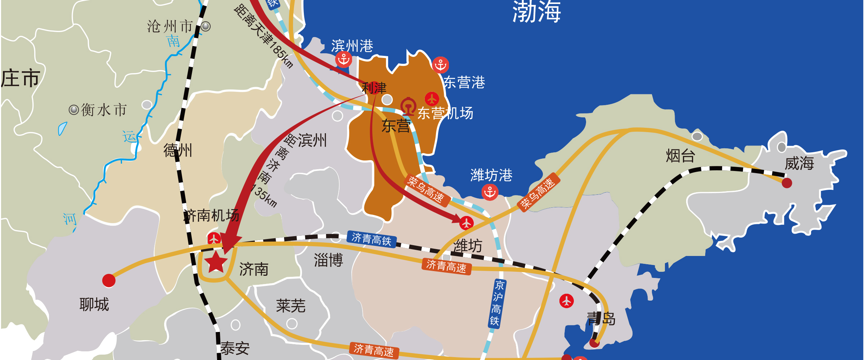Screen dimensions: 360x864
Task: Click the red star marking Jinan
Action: coord(216,262)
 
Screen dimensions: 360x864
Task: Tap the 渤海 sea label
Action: coord(536,12)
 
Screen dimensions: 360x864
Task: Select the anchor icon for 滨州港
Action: coord(343,59)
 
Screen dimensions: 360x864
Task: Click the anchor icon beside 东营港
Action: coord(440,65)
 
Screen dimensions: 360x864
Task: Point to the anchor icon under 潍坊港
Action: coord(490,192)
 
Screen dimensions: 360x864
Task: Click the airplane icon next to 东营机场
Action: coord(432,99)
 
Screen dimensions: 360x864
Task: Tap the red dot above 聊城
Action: coord(109,280)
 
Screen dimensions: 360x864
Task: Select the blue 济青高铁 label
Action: coord(371,239)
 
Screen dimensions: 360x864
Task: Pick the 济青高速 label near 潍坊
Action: coord(446,266)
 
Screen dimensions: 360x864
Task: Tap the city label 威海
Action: coord(799,163)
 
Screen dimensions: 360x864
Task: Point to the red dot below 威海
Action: coord(787,183)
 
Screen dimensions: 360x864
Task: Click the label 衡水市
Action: coord(104,110)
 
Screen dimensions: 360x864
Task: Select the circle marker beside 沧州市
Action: coord(206,26)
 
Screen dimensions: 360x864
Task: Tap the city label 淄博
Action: coord(328,260)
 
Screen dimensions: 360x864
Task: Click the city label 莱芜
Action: coord(291,306)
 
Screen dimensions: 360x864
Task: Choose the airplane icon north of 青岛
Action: coord(566,301)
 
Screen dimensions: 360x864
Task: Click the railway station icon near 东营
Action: coord(408,106)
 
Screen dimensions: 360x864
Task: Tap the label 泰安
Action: coord(235,348)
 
